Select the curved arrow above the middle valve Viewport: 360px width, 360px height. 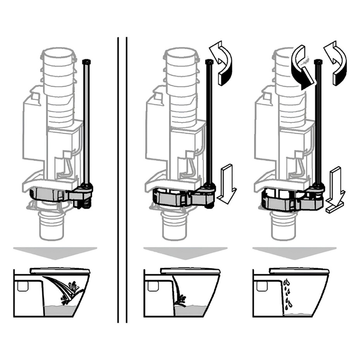click(x=221, y=62)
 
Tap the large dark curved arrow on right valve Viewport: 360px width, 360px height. click(x=303, y=68)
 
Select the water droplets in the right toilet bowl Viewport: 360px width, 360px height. click(x=287, y=294)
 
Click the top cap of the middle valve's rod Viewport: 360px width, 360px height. click(x=210, y=62)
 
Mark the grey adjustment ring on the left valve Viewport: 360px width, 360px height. click(x=48, y=194)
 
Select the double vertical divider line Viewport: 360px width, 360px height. click(x=122, y=178)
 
